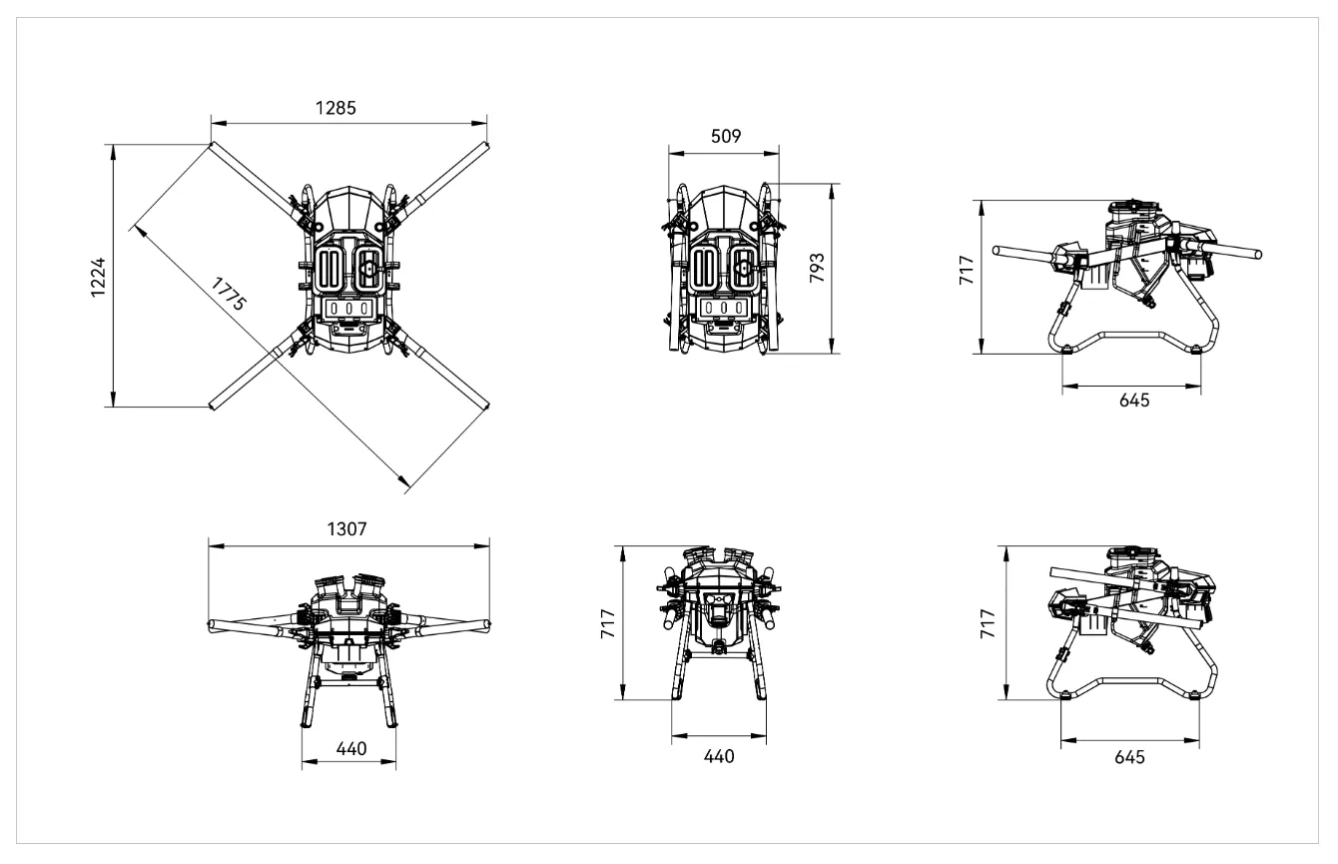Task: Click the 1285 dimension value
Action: coord(335,108)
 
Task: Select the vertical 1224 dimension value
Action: coord(98,277)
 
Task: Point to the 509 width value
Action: coord(725,138)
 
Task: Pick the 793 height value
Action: coord(817,270)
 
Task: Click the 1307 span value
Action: coord(346,530)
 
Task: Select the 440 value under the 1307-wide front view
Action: coord(350,748)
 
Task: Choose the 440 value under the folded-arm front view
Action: coord(719,756)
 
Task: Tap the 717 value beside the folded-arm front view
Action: coord(608,622)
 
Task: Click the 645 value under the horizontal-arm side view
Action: coord(1134,400)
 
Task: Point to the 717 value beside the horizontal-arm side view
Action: coord(967,272)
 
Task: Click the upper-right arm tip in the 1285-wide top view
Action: coord(485,146)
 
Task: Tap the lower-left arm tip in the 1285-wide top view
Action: coord(213,405)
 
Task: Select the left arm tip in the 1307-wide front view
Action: coord(212,627)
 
